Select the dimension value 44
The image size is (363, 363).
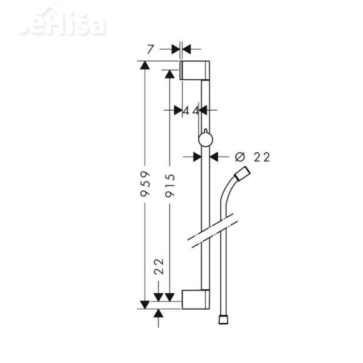coord(191,110)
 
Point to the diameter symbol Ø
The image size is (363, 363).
coord(239,157)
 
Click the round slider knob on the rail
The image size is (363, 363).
coord(204,140)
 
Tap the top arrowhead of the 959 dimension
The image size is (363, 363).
coord(145,66)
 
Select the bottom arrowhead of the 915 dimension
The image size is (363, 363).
coord(171,296)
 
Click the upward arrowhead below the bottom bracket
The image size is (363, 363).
coord(159,312)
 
